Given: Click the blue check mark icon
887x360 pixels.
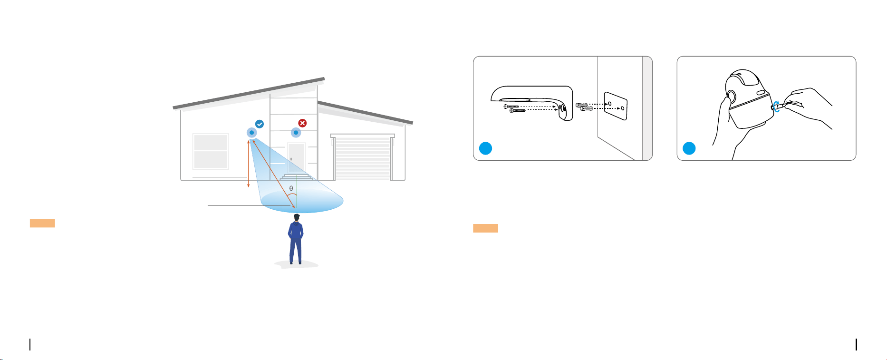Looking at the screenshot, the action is (x=260, y=124).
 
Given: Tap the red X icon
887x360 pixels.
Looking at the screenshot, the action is (x=302, y=123).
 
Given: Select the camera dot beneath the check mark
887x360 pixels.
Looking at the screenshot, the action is (x=251, y=133).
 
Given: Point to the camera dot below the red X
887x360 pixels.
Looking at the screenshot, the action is (x=296, y=133).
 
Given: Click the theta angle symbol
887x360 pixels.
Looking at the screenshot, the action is (x=291, y=188).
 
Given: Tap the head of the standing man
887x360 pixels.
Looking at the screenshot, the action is (x=297, y=218).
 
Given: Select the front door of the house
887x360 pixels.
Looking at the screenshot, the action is (x=296, y=158).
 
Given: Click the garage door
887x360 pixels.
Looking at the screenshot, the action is (x=363, y=158).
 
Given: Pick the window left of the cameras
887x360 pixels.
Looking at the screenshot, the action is (x=211, y=152).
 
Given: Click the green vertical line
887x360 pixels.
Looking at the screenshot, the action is (x=296, y=191).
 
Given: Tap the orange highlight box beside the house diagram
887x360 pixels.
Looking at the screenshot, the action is (x=42, y=223).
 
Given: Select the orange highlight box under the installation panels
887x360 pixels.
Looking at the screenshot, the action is (x=485, y=228).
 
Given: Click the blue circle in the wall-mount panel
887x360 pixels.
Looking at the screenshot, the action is (x=485, y=148).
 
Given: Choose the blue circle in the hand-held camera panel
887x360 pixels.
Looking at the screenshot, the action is (x=689, y=148).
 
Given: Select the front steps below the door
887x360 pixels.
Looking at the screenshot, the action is (x=297, y=176).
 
